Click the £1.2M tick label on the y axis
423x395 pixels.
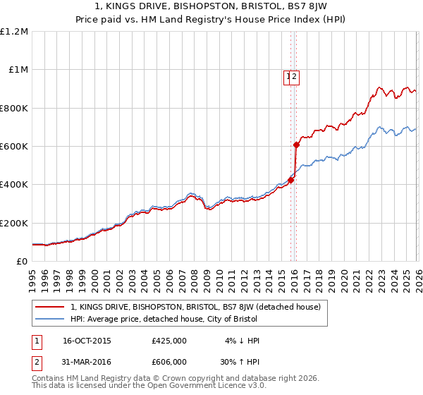(14, 32)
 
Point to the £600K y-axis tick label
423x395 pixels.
(14, 147)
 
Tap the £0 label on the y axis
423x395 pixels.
(21, 262)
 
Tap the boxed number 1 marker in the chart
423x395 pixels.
(289, 78)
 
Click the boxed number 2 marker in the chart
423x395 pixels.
(295, 78)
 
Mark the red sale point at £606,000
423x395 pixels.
(296, 145)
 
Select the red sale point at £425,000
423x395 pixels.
(290, 180)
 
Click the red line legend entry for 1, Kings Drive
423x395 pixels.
(195, 307)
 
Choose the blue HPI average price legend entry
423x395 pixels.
(164, 319)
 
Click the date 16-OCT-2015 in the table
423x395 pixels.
(87, 341)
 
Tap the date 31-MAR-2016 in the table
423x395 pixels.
(87, 361)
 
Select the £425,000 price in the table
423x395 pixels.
(169, 341)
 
